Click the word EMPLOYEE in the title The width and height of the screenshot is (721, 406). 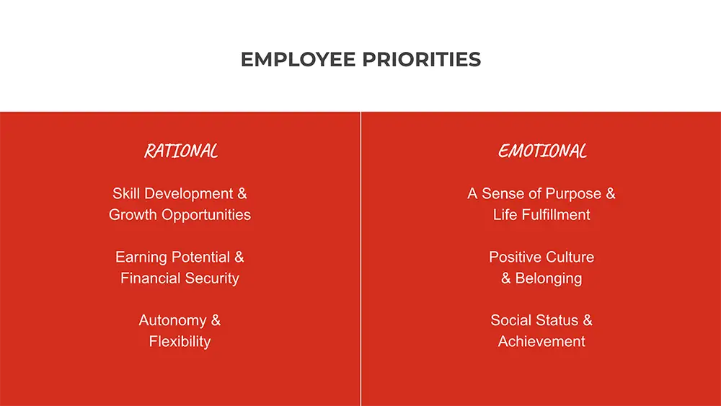298,60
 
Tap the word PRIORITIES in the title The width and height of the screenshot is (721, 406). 421,60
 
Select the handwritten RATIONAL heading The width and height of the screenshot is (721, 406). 181,151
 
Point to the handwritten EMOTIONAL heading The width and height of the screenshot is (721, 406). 542,151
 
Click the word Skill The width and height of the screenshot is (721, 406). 126,193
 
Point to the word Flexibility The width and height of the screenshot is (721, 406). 180,342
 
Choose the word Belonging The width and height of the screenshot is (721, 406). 549,278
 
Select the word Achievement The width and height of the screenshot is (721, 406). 541,342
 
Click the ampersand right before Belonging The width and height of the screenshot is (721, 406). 506,278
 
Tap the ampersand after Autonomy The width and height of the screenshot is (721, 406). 216,320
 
